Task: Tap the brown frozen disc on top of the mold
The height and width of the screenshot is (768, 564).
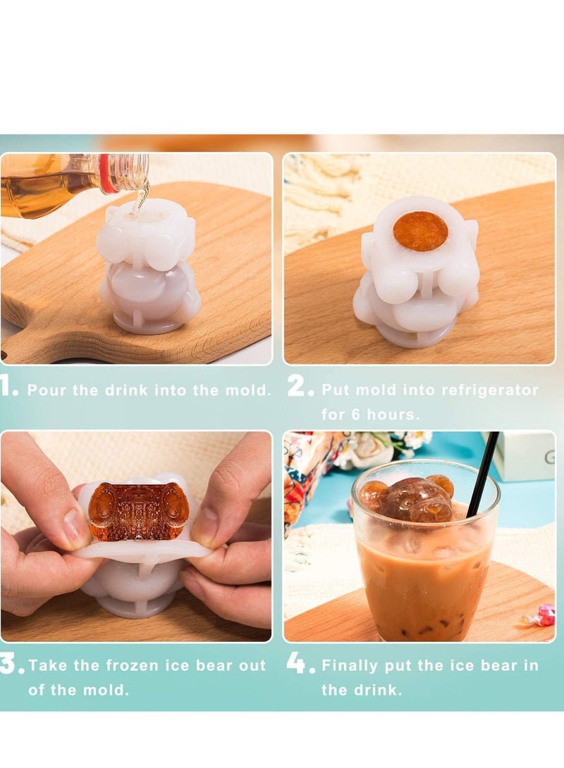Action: (420, 231)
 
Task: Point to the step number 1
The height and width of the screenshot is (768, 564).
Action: (8, 387)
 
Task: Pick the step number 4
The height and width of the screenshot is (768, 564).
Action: (300, 664)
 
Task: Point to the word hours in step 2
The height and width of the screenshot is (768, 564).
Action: (391, 415)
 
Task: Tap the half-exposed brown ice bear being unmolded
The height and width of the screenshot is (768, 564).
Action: (138, 511)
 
